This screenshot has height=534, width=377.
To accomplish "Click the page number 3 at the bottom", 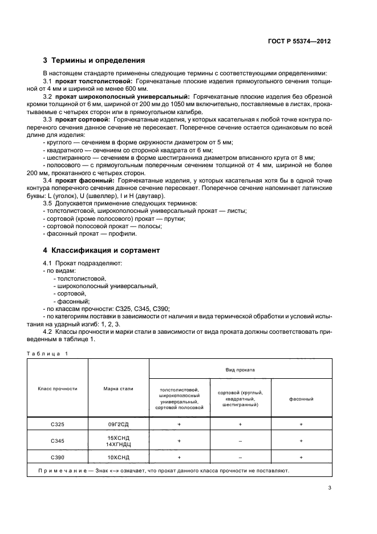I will point(330,488).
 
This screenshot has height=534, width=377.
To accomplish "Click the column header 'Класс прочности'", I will point(58,389).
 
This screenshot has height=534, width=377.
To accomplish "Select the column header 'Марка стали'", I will point(118,389).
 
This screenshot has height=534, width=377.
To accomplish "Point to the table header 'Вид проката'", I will point(240,369).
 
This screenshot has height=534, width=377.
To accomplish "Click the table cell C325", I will point(58,425).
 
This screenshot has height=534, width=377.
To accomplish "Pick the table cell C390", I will point(58,458).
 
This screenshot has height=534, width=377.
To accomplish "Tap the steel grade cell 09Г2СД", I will point(118,425).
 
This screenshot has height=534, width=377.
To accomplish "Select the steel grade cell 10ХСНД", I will point(118,458).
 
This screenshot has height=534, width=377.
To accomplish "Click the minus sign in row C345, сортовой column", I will point(240,441).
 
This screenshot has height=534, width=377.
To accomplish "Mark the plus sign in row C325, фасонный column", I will point(301,425).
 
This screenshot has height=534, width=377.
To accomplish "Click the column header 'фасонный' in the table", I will point(301,399).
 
